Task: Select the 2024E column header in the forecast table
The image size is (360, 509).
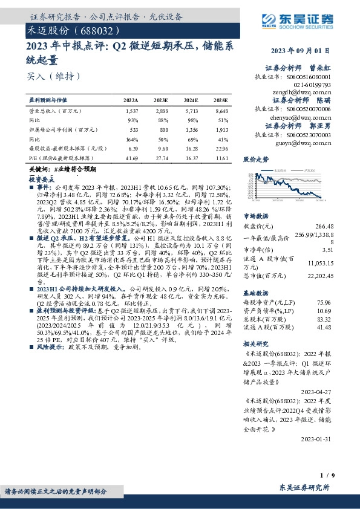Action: pyautogui.click(x=191, y=100)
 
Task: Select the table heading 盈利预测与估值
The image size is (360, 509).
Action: pyautogui.click(x=49, y=100)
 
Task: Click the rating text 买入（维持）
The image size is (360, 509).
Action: pyautogui.click(x=53, y=77)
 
